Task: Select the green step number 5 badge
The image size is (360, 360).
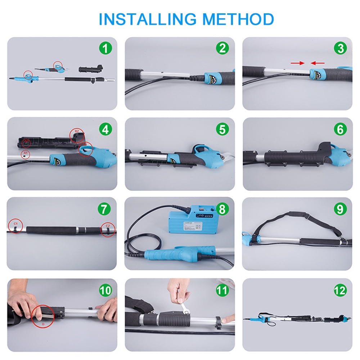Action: [222, 129]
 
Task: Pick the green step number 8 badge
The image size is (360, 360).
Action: [222, 209]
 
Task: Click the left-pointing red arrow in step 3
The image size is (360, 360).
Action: [318, 63]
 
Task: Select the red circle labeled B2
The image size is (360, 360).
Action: [77, 135]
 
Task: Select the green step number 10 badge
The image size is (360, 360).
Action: [105, 290]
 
